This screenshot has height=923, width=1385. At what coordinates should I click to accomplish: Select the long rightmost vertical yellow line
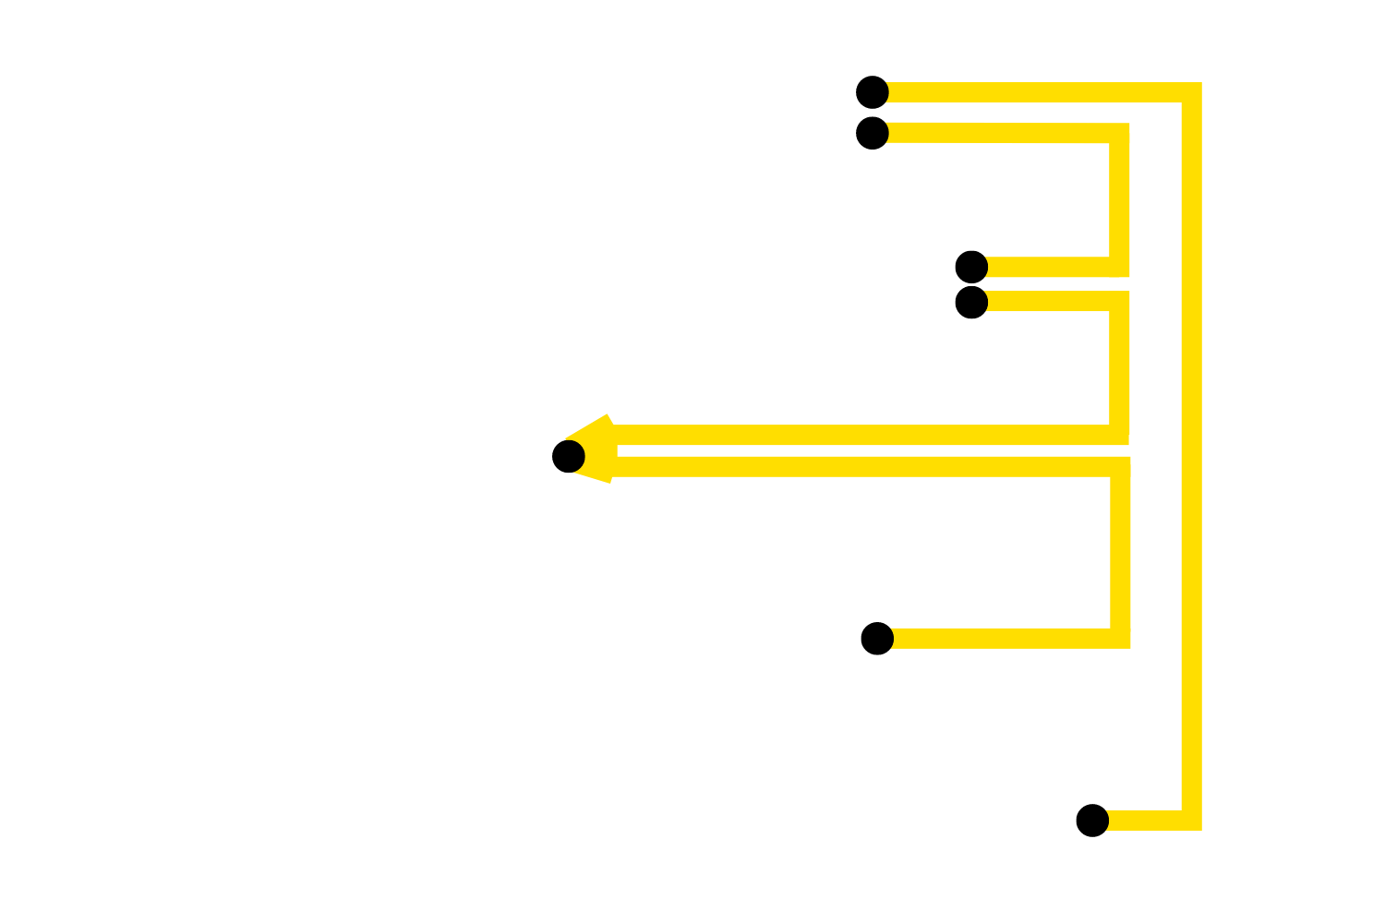(x=1191, y=461)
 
